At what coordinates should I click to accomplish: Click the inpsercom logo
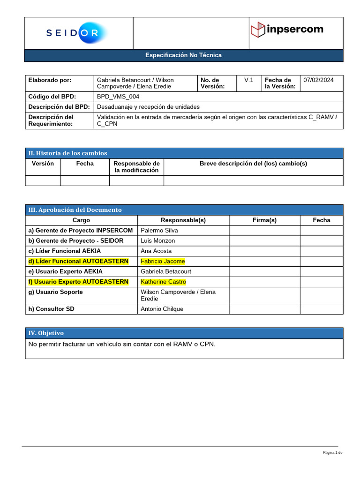(x=287, y=30)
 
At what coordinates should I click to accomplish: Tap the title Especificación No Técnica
(x=183, y=55)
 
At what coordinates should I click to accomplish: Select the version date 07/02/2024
(x=319, y=80)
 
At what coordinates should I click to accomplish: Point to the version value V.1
(x=248, y=80)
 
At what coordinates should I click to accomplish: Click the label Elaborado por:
(x=50, y=80)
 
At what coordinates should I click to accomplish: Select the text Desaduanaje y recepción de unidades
(x=148, y=107)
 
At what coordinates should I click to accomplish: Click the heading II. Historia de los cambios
(x=68, y=153)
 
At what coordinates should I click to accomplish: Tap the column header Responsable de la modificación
(x=136, y=167)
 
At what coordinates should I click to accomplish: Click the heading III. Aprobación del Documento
(x=75, y=210)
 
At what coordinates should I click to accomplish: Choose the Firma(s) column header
(x=264, y=220)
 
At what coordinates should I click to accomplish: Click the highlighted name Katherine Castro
(x=163, y=282)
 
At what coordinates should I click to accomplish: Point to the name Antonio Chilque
(x=162, y=309)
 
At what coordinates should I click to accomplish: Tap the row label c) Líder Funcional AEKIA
(x=65, y=251)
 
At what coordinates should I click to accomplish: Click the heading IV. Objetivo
(x=46, y=333)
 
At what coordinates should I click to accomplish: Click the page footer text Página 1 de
(x=332, y=453)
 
